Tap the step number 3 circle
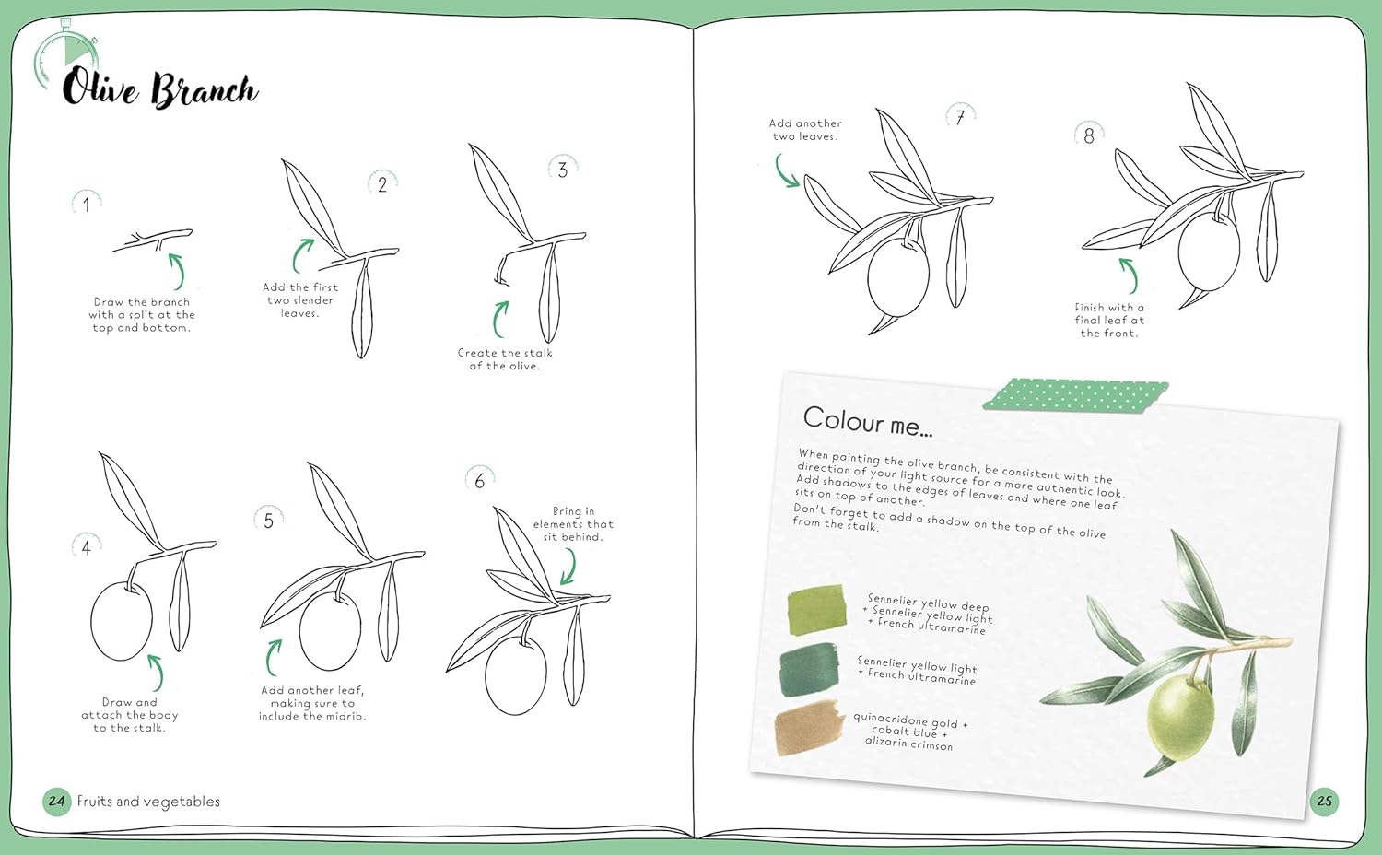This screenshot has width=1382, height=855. click(563, 169)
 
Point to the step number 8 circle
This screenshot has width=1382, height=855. click(1089, 135)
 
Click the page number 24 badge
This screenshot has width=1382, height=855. click(57, 802)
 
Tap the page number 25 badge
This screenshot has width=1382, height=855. click(1325, 802)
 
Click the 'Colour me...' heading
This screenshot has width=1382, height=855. click(868, 422)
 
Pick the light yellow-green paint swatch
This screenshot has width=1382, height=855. click(816, 610)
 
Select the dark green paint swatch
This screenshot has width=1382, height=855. click(809, 669)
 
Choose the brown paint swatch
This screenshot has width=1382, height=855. click(808, 728)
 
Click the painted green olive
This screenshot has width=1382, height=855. click(1179, 719)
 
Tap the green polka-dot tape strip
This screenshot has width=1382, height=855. click(1075, 395)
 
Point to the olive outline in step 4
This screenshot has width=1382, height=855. click(121, 621)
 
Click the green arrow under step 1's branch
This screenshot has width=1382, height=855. click(177, 272)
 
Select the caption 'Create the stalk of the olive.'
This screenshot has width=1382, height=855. click(505, 359)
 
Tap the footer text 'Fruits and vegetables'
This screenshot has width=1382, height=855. click(148, 802)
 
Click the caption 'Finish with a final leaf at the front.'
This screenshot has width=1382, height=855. click(1108, 320)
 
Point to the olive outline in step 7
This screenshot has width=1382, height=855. click(897, 277)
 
